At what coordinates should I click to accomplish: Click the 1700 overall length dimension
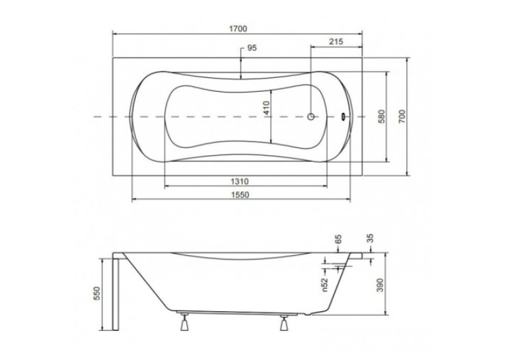[238, 28]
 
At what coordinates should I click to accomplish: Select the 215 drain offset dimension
[336, 42]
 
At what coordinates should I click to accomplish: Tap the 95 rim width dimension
[252, 48]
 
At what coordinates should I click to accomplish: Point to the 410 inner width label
[266, 108]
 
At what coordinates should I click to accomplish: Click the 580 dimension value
[382, 117]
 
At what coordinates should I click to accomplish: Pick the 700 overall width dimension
[402, 116]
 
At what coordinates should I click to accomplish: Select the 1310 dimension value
[239, 182]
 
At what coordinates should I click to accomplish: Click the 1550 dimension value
[240, 195]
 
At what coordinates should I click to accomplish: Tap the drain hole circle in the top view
[311, 116]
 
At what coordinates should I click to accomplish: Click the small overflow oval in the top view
[343, 116]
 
